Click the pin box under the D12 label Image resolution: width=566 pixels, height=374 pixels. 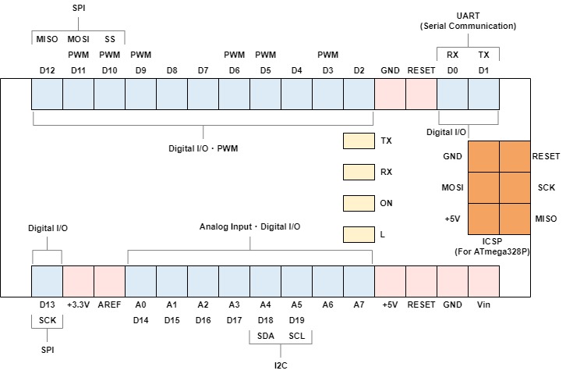click(x=48, y=94)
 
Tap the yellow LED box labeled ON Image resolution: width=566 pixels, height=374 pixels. click(x=359, y=204)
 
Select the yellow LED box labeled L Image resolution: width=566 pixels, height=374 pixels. click(x=359, y=234)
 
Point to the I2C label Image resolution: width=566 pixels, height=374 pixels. click(x=281, y=365)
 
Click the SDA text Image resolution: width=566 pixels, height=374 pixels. click(x=266, y=336)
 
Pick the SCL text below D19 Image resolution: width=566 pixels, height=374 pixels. click(x=297, y=336)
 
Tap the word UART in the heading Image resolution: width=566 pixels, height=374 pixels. click(x=469, y=16)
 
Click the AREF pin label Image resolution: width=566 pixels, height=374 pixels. click(x=109, y=305)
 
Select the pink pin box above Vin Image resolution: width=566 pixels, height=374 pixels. click(x=483, y=282)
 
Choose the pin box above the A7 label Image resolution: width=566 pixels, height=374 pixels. click(x=359, y=282)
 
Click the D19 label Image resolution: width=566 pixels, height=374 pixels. click(x=297, y=320)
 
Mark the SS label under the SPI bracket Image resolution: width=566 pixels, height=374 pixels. click(x=110, y=39)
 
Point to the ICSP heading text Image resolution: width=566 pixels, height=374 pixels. click(x=493, y=241)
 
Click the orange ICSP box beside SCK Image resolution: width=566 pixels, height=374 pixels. click(x=515, y=188)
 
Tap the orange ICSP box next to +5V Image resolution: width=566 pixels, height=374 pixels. click(x=483, y=219)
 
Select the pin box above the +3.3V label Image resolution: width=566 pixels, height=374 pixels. click(x=78, y=282)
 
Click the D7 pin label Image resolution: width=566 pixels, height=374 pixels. click(x=203, y=70)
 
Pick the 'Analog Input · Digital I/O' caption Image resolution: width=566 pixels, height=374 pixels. click(x=249, y=226)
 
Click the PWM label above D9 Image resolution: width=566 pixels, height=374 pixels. click(x=141, y=55)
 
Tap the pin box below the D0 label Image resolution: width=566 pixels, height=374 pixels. click(x=453, y=94)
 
